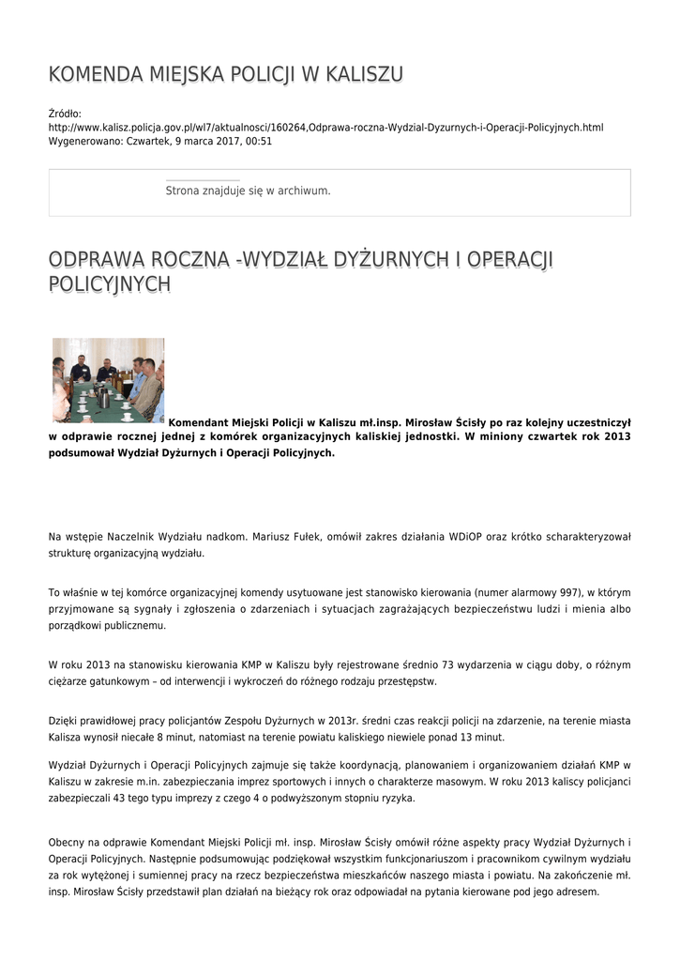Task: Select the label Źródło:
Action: point(65,113)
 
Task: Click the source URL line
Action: point(325,127)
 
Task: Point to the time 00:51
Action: point(259,141)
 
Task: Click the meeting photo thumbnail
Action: point(108,380)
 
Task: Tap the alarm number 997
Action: point(568,593)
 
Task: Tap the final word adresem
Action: point(575,892)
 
